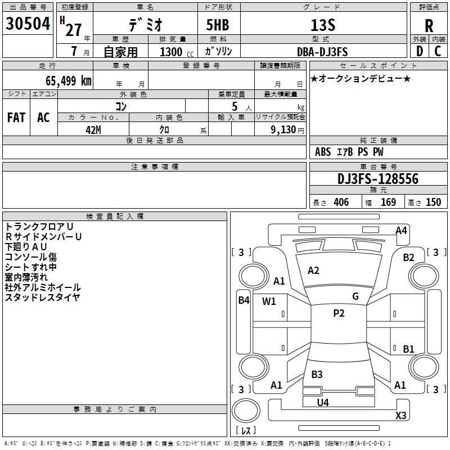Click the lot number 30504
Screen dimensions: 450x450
pos(28,24)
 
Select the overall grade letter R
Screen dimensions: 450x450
pos(429,26)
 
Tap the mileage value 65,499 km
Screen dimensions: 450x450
pos(69,80)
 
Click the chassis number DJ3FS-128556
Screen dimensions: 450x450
pos(378,179)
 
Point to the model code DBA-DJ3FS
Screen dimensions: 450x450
pos(322,52)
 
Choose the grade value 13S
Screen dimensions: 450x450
pos(323,25)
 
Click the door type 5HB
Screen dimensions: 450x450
pos(218,25)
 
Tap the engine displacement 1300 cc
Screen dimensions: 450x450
pos(177,52)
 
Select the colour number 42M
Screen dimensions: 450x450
pos(93,130)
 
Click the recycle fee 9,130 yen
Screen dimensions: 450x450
pos(287,130)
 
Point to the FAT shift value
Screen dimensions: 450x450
pos(16,118)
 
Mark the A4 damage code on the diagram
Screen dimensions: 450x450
pos(401,231)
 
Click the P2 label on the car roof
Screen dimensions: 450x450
pos(339,313)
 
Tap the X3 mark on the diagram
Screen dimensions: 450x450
pos(400,415)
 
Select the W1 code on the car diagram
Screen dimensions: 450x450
pos(269,301)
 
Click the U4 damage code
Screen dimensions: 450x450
pos(323,403)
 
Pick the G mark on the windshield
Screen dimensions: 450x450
pos(355,296)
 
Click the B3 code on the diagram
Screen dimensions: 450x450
pos(317,375)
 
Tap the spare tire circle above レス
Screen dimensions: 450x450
pos(246,411)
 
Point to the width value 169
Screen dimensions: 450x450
pos(388,202)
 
